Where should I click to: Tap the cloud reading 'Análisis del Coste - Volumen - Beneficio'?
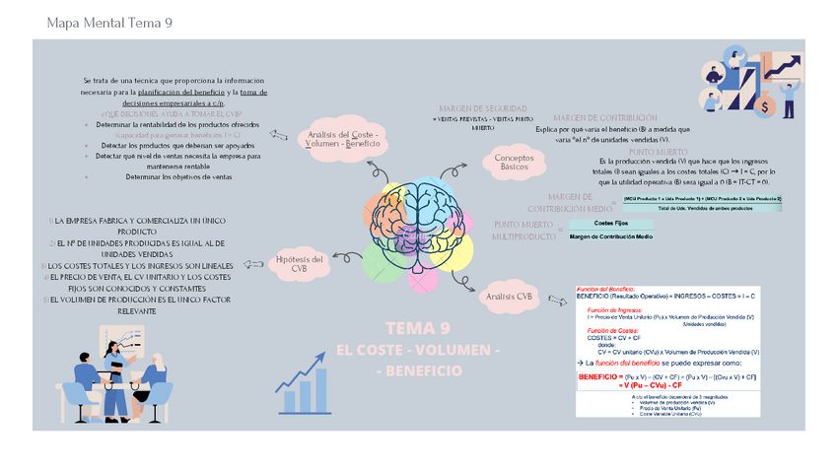[342, 139]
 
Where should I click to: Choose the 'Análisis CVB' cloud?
[510, 296]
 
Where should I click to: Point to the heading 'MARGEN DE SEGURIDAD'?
[483, 107]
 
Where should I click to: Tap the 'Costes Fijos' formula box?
[610, 225]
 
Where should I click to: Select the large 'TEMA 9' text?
[418, 329]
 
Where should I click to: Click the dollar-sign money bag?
[792, 99]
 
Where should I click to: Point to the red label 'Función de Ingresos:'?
[614, 308]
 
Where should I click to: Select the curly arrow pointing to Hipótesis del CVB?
[348, 255]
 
